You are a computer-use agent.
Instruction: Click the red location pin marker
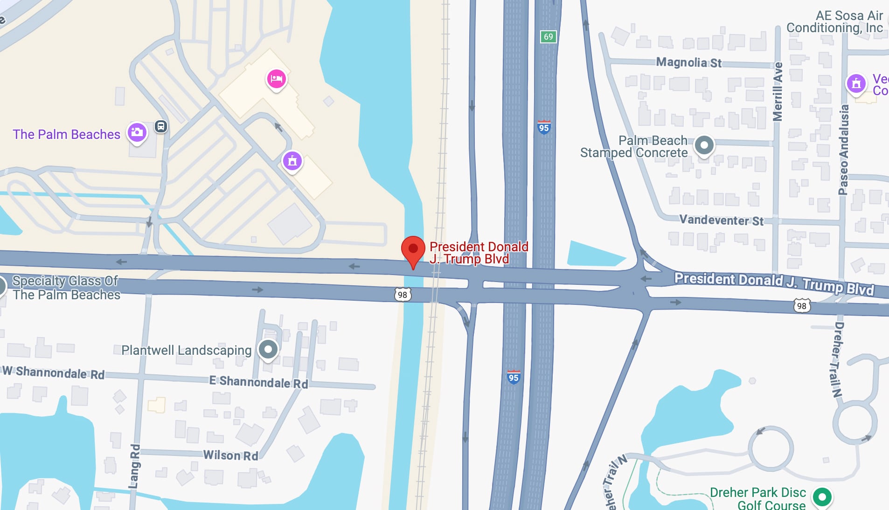[x=413, y=250]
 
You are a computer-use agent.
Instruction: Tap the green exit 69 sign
[x=548, y=37]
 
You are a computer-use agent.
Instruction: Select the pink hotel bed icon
[x=276, y=78]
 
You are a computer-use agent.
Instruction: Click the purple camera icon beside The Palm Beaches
[x=137, y=132]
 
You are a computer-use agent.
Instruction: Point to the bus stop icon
[x=161, y=126]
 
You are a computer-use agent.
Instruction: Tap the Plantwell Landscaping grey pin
[x=268, y=349]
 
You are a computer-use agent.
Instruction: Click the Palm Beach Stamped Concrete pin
[x=704, y=145]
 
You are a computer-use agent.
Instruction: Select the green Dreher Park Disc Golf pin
[x=822, y=496]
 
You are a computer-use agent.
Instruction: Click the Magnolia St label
[x=688, y=62]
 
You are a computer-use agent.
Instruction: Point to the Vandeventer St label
[x=721, y=220]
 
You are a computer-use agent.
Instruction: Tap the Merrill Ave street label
[x=778, y=92]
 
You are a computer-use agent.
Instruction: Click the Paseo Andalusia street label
[x=843, y=150]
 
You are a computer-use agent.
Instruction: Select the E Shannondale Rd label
[x=258, y=382]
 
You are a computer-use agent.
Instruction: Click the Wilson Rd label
[x=230, y=455]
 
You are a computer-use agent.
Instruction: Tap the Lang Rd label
[x=134, y=466]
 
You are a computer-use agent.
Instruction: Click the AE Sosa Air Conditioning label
[x=834, y=22]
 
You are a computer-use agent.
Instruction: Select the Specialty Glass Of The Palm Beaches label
[x=66, y=288]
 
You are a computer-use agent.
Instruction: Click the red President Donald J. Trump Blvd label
[x=478, y=253]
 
